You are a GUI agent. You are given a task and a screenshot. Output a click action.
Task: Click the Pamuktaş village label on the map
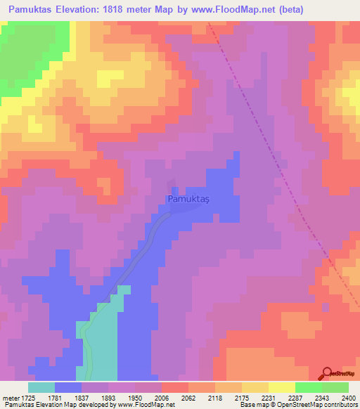point(189,200)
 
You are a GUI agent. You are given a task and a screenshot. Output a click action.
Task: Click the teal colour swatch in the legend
point(41,387)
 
